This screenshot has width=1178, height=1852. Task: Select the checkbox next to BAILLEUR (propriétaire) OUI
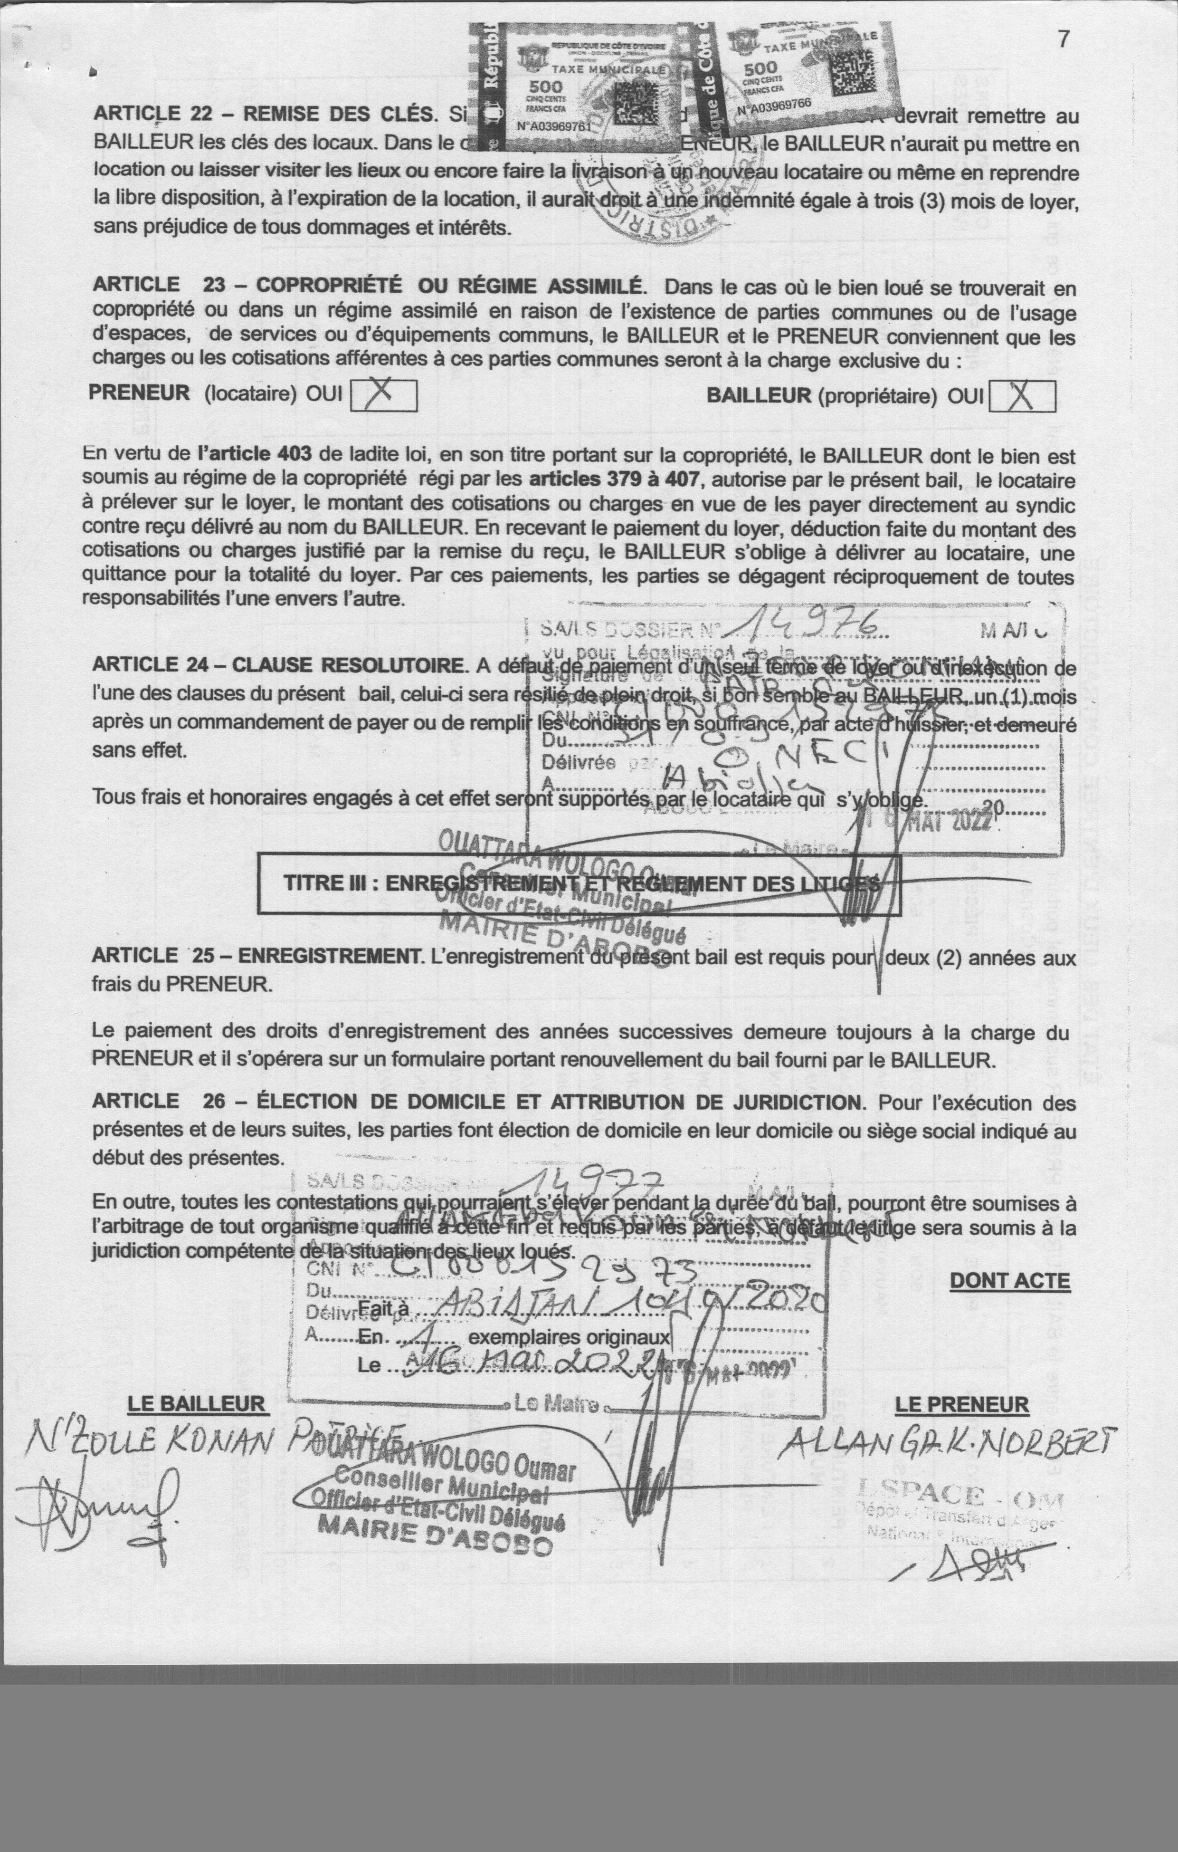(1022, 396)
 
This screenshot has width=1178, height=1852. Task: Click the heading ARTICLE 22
(261, 114)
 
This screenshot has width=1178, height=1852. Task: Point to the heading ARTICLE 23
(366, 285)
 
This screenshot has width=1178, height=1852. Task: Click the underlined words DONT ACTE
(1009, 1281)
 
